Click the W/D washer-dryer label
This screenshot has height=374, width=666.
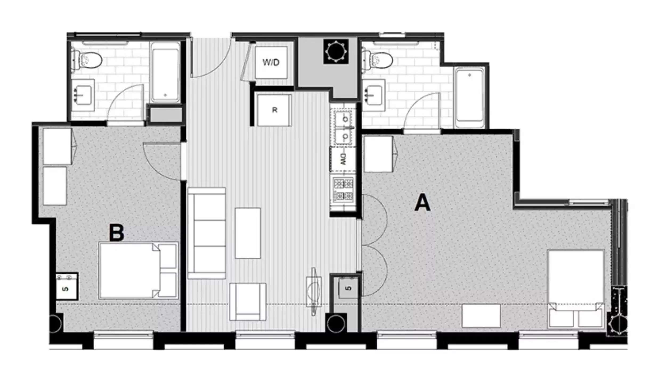(x=271, y=63)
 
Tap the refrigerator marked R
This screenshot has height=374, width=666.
(x=274, y=110)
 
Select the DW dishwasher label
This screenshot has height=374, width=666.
(x=343, y=159)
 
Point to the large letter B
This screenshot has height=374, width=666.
(x=117, y=233)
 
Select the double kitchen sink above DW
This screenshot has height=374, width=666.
(x=344, y=128)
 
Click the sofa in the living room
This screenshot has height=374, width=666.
(x=206, y=233)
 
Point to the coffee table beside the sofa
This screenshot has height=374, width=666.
(x=248, y=233)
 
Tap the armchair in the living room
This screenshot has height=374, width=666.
(x=248, y=302)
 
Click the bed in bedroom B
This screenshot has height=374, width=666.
(x=138, y=270)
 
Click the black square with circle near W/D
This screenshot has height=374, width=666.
(x=336, y=52)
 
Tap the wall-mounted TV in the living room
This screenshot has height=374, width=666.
(x=314, y=291)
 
